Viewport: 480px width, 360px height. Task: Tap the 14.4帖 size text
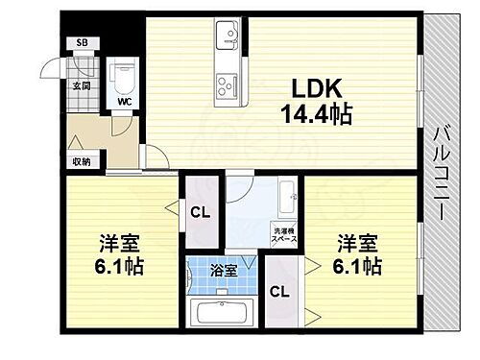315,115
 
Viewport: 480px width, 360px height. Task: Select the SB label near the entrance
83,44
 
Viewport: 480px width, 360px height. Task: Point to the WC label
125,100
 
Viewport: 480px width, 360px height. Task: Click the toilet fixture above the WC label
124,75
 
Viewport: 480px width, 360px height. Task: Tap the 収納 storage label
81,161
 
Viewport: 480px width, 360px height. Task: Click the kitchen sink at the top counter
229,37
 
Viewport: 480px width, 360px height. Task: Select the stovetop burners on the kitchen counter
228,84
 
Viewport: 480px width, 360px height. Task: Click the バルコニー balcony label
442,175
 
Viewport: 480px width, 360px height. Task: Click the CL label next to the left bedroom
201,213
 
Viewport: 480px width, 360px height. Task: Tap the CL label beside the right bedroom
279,292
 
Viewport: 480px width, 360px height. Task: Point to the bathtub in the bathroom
221,313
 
